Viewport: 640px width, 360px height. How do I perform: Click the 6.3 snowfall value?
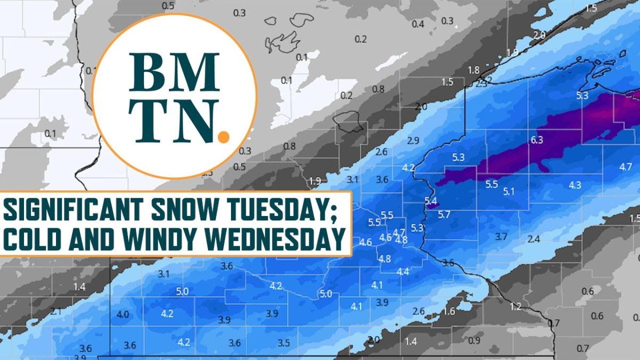[537, 140]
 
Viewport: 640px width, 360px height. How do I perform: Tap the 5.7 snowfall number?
[444, 214]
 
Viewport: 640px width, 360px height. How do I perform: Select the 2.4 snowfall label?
[533, 239]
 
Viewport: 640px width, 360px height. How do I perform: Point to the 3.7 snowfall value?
[501, 236]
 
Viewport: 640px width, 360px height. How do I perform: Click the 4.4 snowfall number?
[403, 271]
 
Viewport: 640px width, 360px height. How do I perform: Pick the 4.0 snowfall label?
[123, 314]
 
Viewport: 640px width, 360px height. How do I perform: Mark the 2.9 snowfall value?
[413, 141]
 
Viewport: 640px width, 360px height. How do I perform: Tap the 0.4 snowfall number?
[418, 24]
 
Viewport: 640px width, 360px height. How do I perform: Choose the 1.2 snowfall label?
[515, 306]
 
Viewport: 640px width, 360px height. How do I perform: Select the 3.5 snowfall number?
[284, 343]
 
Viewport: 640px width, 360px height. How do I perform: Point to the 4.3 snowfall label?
[575, 185]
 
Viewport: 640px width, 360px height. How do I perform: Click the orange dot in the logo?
[224, 137]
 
